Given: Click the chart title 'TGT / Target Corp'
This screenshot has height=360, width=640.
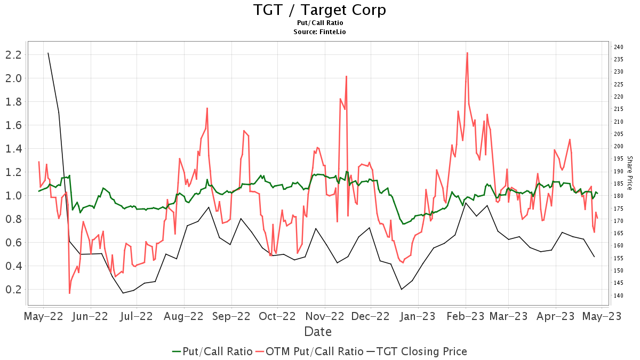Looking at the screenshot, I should (319, 10).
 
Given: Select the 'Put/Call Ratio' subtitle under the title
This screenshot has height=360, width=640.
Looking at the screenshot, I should (319, 23).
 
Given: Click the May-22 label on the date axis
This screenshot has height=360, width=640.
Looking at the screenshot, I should (43, 316).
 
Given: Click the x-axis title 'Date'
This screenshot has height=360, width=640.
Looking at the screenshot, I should (318, 332).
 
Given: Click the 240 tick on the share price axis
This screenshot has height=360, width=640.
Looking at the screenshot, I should (618, 47).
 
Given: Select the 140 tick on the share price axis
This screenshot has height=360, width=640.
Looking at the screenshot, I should (618, 295).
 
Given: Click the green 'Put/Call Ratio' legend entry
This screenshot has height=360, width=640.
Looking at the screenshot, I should (212, 351).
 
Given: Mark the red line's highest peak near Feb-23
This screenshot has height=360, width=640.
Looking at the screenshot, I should (467, 53).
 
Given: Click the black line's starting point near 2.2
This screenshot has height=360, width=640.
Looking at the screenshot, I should (48, 53).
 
